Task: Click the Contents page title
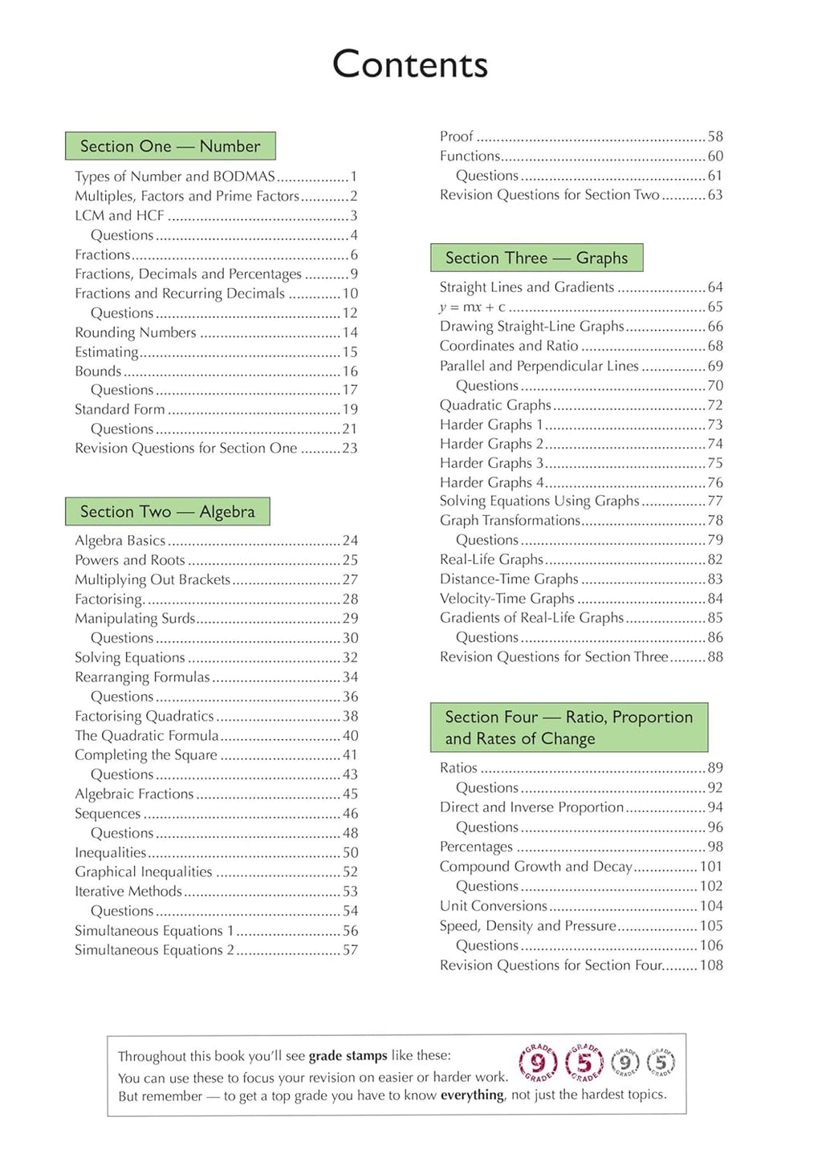410,64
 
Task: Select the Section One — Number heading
170,146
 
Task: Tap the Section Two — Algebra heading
167,511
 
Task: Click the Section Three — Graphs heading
536,258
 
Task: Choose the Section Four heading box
568,727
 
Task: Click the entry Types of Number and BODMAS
175,177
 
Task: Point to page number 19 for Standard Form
350,409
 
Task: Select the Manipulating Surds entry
135,619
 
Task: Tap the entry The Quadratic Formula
147,736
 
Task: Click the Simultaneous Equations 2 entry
154,950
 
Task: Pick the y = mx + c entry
472,307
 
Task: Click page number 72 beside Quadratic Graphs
714,405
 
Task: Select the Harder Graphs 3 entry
491,463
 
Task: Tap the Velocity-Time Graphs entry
507,599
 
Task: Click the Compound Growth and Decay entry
535,867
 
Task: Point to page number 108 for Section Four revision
711,965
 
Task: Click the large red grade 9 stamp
538,1063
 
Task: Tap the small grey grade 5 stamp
661,1062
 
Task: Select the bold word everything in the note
473,1095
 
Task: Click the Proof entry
456,136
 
